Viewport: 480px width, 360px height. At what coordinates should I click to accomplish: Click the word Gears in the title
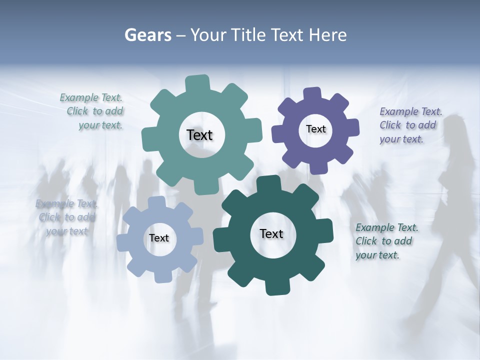tap(147, 35)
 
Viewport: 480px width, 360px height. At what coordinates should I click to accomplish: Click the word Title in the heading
tap(248, 35)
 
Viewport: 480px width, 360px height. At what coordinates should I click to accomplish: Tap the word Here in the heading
tap(327, 35)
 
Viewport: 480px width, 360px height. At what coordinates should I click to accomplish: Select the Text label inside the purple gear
tap(315, 129)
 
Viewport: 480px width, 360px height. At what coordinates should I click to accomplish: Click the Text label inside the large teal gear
tap(199, 135)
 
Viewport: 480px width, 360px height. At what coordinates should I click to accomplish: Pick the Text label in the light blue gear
tap(159, 238)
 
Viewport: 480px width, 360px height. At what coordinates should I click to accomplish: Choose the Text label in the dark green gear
tap(271, 233)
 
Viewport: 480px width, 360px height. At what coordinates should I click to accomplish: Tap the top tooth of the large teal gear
tap(197, 82)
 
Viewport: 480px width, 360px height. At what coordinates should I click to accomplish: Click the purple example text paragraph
tap(410, 125)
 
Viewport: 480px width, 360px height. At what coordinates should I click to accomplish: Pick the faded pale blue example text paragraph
tap(66, 217)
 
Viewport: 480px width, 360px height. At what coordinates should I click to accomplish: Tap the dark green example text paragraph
tap(386, 241)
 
